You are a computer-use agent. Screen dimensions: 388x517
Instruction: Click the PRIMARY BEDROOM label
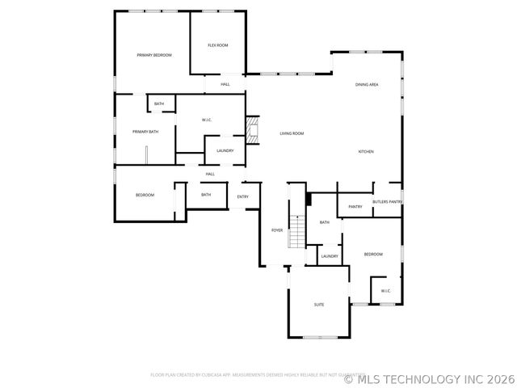coord(154,55)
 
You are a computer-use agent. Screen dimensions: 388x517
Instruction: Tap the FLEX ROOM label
coord(217,45)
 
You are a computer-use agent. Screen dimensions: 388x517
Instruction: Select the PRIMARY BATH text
coord(145,132)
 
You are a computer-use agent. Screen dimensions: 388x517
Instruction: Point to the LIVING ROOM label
coord(292,133)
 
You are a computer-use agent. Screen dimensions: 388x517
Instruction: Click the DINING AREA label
coord(368,85)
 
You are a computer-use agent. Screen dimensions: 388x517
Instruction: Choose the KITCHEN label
coord(366,152)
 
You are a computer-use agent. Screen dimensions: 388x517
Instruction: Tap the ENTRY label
coord(242,196)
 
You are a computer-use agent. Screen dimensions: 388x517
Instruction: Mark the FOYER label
coord(277,230)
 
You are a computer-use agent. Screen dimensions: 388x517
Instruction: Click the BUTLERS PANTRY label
coord(387,201)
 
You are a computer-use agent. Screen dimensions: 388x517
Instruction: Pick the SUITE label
coord(319,304)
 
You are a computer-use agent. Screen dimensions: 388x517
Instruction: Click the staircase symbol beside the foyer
coord(298,231)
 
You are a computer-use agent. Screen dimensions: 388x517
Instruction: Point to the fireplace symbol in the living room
coord(254,130)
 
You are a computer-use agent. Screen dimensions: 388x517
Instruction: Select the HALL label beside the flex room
coord(225,84)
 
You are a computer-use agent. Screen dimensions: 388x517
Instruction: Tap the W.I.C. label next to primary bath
coord(207,120)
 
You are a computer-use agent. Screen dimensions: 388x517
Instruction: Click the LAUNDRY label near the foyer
coord(330,256)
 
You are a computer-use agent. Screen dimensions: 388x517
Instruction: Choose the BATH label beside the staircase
coord(325,222)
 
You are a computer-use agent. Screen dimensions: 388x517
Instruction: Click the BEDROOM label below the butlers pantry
coord(372,255)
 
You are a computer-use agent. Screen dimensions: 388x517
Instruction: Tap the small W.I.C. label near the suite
coord(385,291)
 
